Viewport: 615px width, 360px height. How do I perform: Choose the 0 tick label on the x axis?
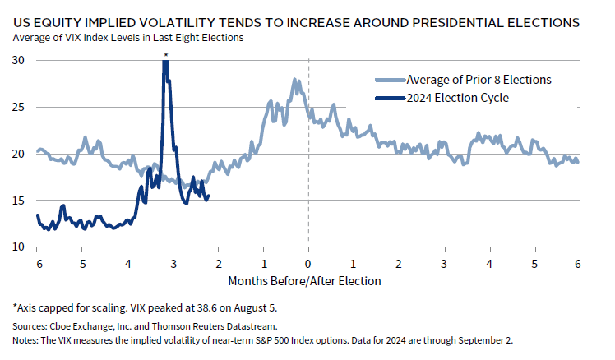pos(307,263)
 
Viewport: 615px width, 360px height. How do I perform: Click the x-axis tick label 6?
pos(578,263)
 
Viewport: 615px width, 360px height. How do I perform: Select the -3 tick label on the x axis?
pos(171,263)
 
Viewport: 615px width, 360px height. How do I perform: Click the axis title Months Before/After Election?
pos(306,281)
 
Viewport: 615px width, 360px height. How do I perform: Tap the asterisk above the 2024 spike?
pos(165,55)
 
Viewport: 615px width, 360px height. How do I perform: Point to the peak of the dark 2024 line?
pos(165,62)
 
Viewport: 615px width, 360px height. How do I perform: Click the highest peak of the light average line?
pos(294,80)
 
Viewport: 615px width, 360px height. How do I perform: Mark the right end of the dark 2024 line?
pos(209,196)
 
